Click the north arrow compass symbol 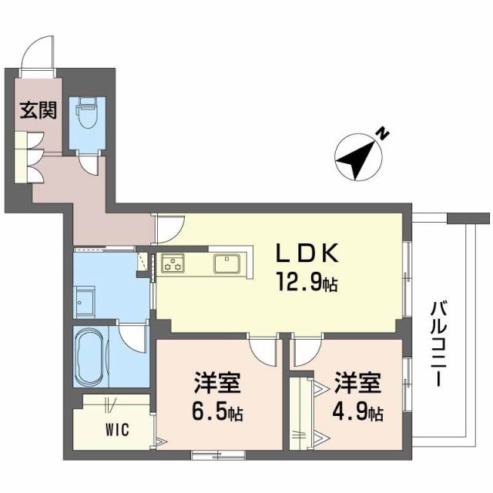[357, 158]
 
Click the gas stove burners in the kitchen [173, 264]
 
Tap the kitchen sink [228, 264]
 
